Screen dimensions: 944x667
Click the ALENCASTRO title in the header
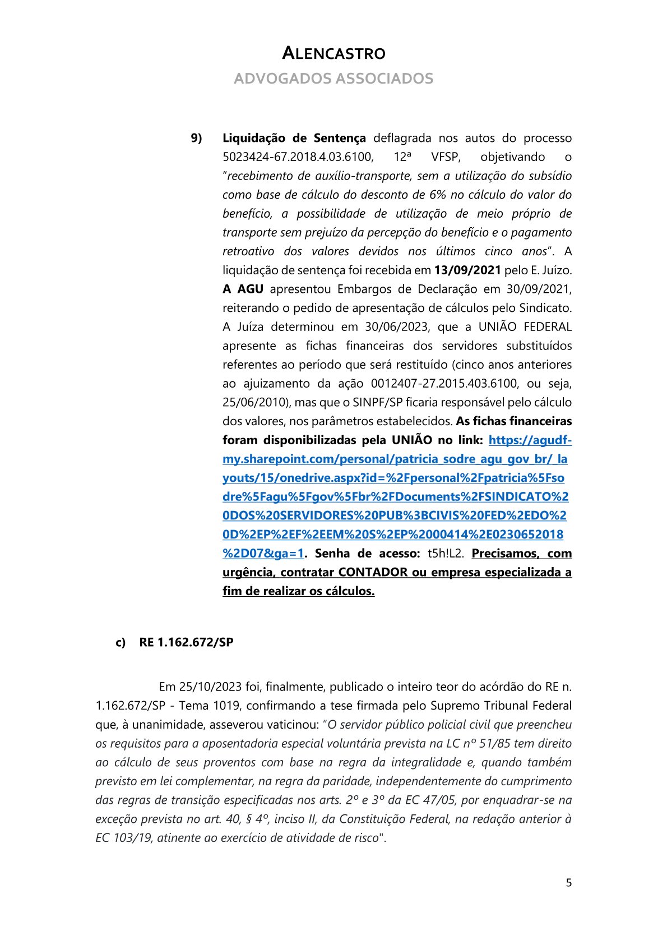333,53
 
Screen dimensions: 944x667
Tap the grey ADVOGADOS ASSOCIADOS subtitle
333,79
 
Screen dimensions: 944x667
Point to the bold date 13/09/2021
467,270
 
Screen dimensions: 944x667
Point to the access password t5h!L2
446,554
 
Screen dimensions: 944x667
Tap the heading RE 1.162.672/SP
186,642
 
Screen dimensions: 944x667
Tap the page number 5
568,883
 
